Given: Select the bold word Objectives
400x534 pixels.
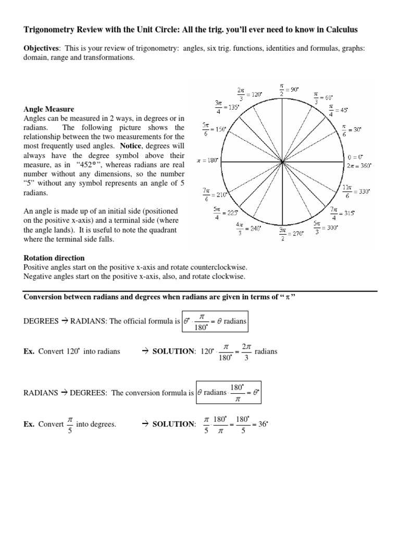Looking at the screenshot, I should (x=40, y=48).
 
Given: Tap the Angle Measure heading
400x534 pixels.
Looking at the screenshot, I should (x=49, y=109).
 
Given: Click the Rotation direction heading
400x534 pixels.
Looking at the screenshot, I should (x=54, y=258).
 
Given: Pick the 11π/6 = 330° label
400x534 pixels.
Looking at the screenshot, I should (x=356, y=191).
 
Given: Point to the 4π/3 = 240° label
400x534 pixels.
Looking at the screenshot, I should (x=248, y=228).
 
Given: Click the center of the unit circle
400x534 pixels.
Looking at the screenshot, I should (x=282, y=162).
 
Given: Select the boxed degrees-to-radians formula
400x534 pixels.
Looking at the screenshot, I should (x=215, y=321).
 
